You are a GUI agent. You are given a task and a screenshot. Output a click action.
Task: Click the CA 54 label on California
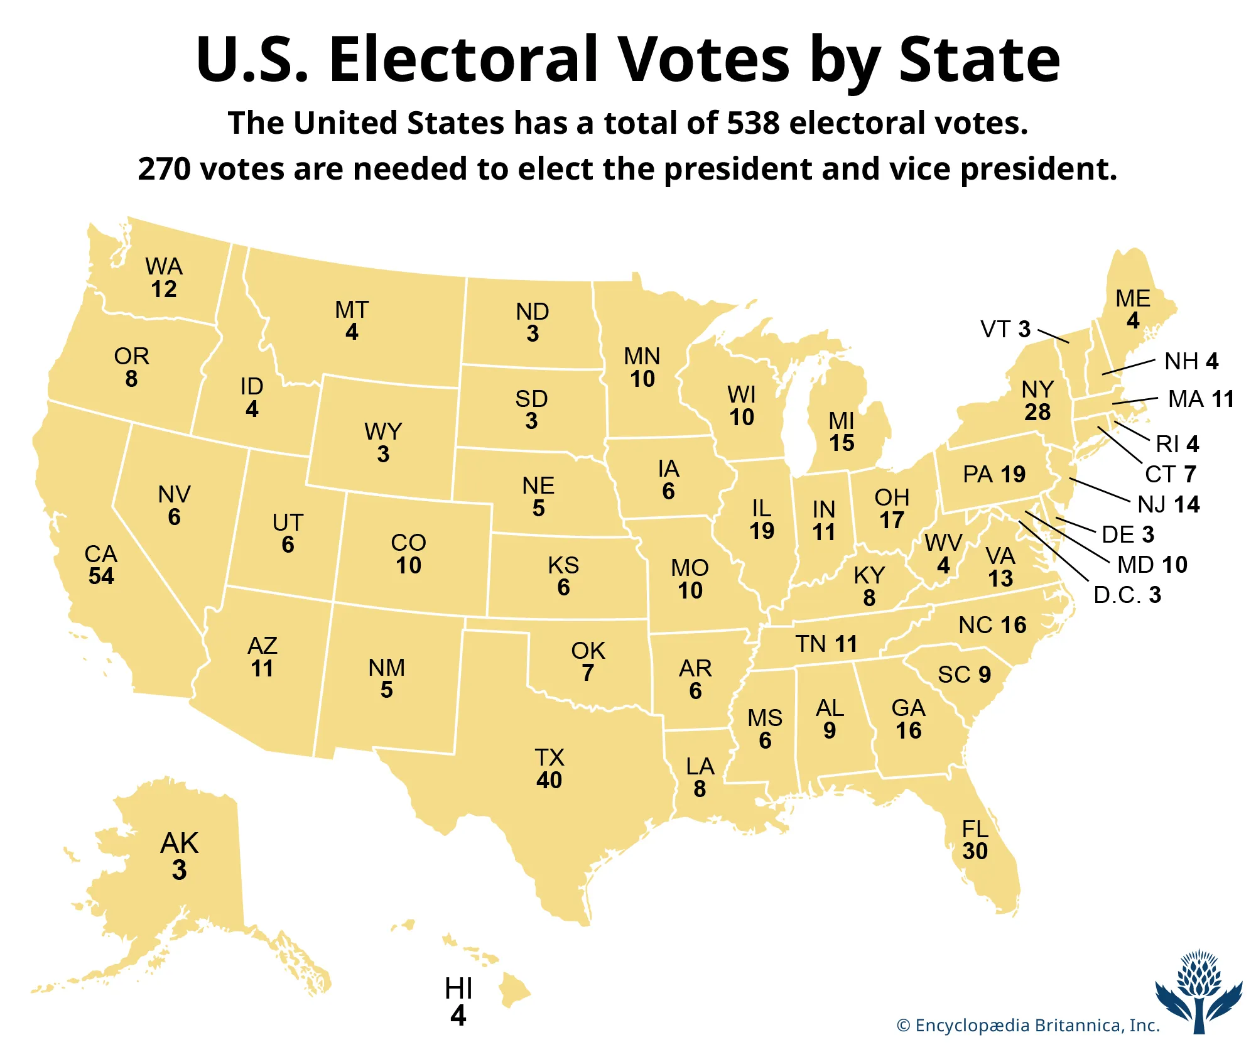coord(101,565)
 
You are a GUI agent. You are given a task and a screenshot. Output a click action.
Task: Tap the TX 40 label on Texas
coord(549,769)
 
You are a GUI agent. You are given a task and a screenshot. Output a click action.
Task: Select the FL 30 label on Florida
coord(975,840)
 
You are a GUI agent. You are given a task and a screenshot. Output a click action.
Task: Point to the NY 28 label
coord(1037,401)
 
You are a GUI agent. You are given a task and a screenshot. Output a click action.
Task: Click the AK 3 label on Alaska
coord(179,856)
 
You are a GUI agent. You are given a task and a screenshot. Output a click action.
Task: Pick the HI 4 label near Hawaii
coord(458,1002)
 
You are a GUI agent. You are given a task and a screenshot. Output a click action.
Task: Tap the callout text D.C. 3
coord(1127,595)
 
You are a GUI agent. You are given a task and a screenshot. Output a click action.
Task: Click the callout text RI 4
coord(1177,444)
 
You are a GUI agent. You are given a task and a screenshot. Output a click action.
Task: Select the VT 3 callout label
coord(1005,329)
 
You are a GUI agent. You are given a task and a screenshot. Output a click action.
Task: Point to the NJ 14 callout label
coord(1169,504)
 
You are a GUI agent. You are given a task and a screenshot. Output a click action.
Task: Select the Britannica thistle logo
coord(1199,990)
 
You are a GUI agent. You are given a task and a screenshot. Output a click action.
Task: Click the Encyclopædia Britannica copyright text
coord(1028,1026)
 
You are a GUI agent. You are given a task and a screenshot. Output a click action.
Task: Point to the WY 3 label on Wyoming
coord(383,443)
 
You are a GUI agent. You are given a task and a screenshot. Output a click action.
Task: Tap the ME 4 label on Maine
coord(1133,309)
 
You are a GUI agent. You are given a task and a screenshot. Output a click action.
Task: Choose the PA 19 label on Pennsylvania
coord(994,474)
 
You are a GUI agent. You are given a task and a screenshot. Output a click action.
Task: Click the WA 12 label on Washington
coord(164,278)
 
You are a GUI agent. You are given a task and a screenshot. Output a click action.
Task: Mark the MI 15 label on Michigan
coord(842,431)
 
